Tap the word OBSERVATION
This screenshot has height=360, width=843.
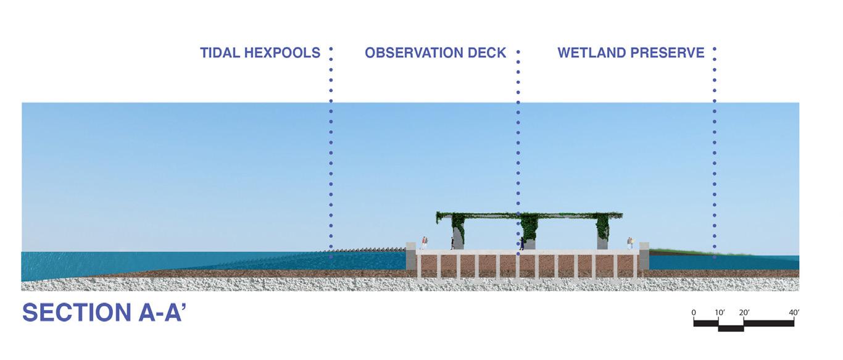tap(413, 53)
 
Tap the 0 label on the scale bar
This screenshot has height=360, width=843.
tap(694, 313)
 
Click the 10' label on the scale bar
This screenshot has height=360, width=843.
tap(720, 313)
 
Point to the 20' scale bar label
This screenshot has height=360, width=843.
tap(744, 313)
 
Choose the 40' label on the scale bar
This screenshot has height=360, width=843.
tap(794, 313)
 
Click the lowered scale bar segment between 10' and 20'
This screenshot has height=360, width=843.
tap(731, 328)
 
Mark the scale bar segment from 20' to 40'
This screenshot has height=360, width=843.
tap(769, 323)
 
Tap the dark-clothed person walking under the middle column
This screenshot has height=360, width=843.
tap(521, 244)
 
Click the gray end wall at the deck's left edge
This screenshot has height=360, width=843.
tap(411, 256)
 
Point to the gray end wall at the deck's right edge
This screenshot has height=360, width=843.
tap(644, 256)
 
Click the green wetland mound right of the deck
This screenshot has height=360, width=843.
tap(679, 252)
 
